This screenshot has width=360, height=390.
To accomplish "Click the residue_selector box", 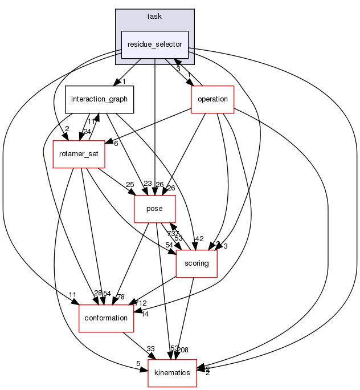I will coord(154,44).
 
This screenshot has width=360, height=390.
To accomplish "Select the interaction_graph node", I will coord(99,99).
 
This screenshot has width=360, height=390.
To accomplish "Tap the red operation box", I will coord(212,99).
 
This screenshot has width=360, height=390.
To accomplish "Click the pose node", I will coord(154,209).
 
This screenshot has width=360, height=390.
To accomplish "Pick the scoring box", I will coord(197,264).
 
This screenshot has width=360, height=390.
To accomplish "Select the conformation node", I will coord(106,318).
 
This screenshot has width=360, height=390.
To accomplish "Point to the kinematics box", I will coord(172,373).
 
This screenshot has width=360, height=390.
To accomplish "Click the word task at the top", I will coord(154,16).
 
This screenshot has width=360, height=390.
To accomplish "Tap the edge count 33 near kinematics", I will coord(151,348).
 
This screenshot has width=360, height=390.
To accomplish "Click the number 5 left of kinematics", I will coord(137,364).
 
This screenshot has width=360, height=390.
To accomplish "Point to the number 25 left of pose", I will coord(129,184).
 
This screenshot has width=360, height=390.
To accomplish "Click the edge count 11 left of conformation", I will coord(73,294).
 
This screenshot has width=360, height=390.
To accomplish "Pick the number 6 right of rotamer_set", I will coord(116,143).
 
